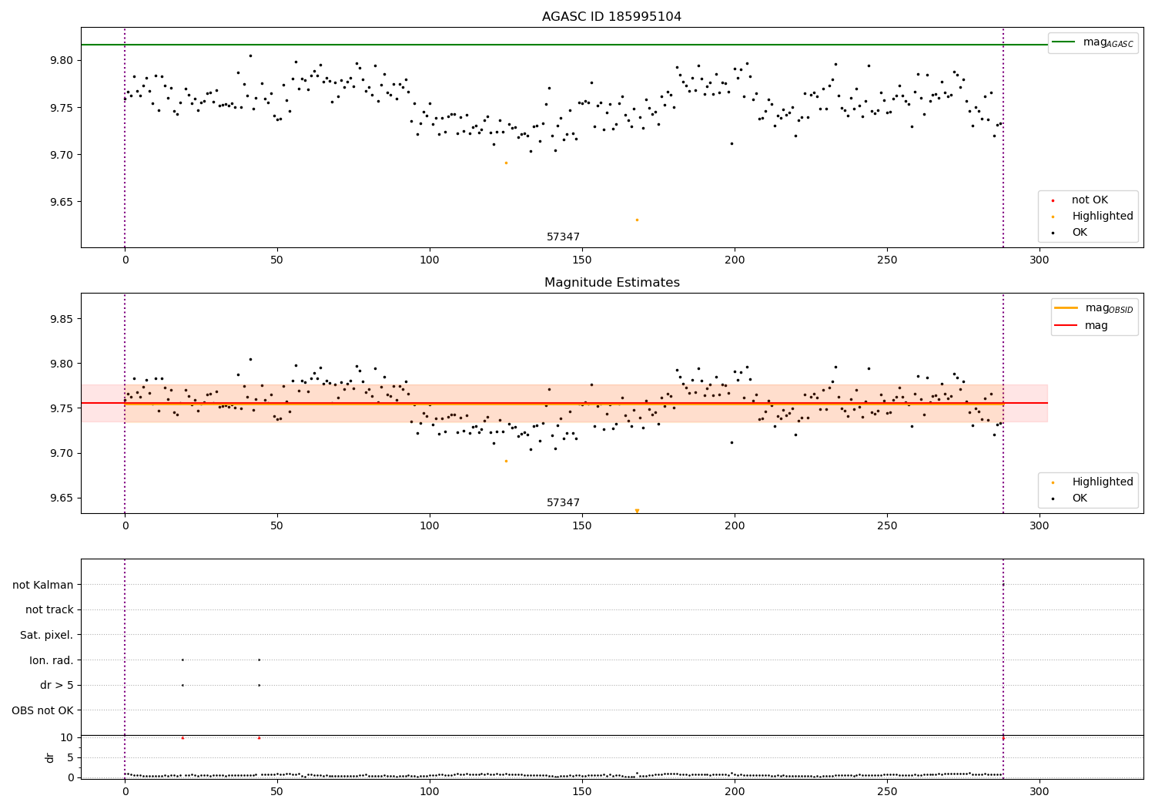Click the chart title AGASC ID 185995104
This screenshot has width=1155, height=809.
click(x=611, y=17)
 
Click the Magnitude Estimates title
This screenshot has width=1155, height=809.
click(x=611, y=283)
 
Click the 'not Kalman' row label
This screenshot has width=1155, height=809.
click(x=43, y=585)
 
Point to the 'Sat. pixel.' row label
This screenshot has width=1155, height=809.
click(x=47, y=635)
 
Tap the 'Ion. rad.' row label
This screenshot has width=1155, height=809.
click(x=52, y=660)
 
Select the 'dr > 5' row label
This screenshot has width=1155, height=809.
click(x=57, y=685)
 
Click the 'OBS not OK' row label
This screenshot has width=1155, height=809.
click(x=42, y=710)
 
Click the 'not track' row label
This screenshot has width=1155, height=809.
click(x=49, y=609)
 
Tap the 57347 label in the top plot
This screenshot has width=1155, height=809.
click(x=563, y=237)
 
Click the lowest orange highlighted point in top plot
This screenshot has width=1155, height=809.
click(x=637, y=220)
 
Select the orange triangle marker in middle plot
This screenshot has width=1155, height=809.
click(x=637, y=511)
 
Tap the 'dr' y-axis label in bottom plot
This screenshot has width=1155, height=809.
click(x=50, y=757)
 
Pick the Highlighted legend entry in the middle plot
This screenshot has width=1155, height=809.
click(x=1102, y=482)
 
